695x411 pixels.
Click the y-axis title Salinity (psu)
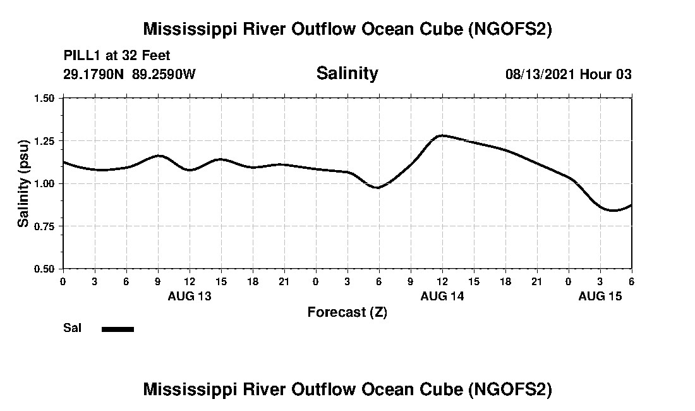pyautogui.click(x=23, y=183)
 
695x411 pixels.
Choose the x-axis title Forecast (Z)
pyautogui.click(x=347, y=312)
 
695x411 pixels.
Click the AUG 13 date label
pyautogui.click(x=190, y=296)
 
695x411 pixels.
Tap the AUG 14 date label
pyautogui.click(x=442, y=296)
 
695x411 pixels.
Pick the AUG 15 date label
pyautogui.click(x=600, y=296)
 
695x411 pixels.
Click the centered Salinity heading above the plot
pyautogui.click(x=347, y=73)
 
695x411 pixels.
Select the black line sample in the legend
pyautogui.click(x=118, y=329)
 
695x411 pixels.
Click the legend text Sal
pyautogui.click(x=71, y=328)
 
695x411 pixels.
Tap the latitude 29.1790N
pyautogui.click(x=95, y=74)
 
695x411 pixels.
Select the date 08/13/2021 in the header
pyautogui.click(x=540, y=74)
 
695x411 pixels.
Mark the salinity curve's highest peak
pyautogui.click(x=442, y=135)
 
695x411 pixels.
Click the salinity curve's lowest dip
pyautogui.click(x=613, y=210)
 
